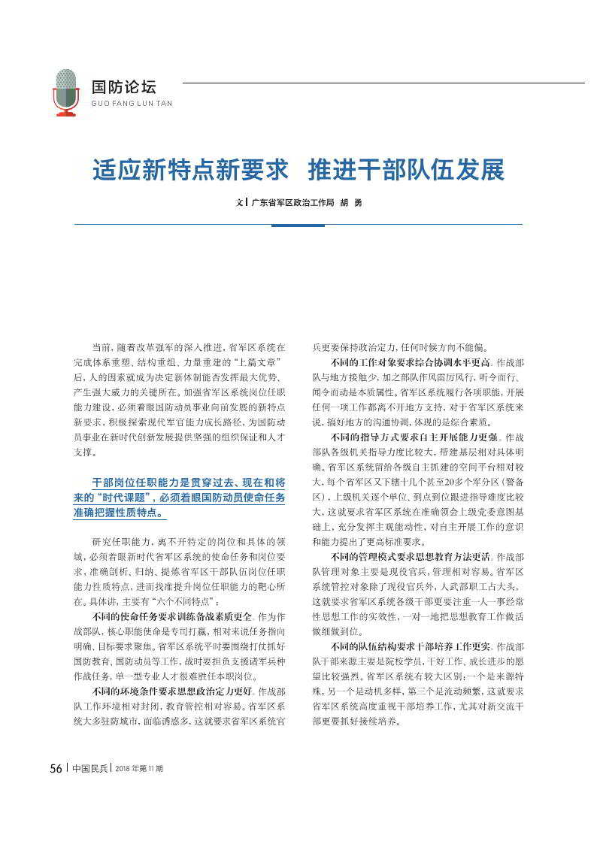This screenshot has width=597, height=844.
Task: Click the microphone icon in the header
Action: tap(66, 92)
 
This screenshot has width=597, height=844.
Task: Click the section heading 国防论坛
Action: tap(123, 87)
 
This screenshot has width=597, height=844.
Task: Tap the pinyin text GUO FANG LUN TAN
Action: tap(131, 104)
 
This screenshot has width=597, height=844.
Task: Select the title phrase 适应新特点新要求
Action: tap(191, 170)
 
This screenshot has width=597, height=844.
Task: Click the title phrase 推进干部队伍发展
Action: tap(407, 170)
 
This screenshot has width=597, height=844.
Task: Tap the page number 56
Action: tap(56, 789)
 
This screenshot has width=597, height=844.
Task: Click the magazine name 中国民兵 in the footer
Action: tap(89, 789)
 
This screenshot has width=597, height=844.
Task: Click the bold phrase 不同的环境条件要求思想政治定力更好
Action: tap(177, 691)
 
